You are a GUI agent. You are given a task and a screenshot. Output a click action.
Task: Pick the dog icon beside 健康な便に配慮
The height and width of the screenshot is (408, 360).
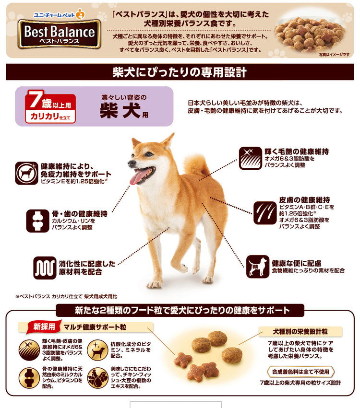click(x=258, y=267)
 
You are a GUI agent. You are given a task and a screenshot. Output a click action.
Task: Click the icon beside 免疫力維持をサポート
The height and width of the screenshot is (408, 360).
click(x=26, y=173)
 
